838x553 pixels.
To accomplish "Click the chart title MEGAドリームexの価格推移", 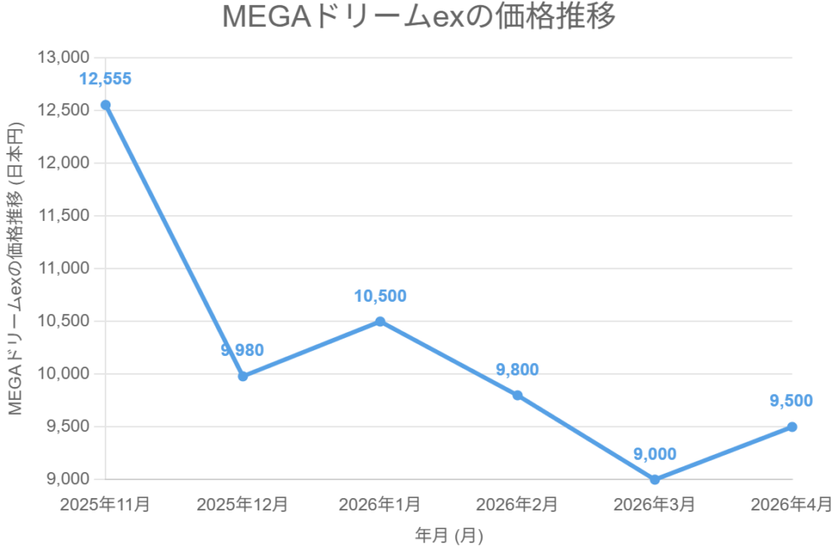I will (418, 18).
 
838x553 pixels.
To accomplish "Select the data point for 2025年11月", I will (106, 105).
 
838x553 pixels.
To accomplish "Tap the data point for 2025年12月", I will (243, 376).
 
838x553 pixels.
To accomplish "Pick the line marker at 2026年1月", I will (381, 321).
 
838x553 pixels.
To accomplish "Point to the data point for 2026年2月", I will (517, 395).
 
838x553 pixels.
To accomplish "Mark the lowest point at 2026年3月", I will (655, 479).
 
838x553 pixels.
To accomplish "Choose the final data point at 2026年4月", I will (792, 427).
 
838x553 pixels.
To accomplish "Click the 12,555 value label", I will (105, 79).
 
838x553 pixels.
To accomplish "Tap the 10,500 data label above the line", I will (380, 296).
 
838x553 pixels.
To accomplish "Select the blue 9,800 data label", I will (517, 370).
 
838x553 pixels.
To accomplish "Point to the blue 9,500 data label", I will (791, 401).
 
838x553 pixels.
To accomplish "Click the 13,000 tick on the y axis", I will (63, 58).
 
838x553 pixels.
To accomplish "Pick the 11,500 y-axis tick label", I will (63, 216).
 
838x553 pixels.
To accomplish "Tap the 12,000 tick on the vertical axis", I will (63, 163).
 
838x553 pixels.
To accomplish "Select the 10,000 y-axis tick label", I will (63, 374).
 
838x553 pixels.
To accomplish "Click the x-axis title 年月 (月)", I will (448, 537).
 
